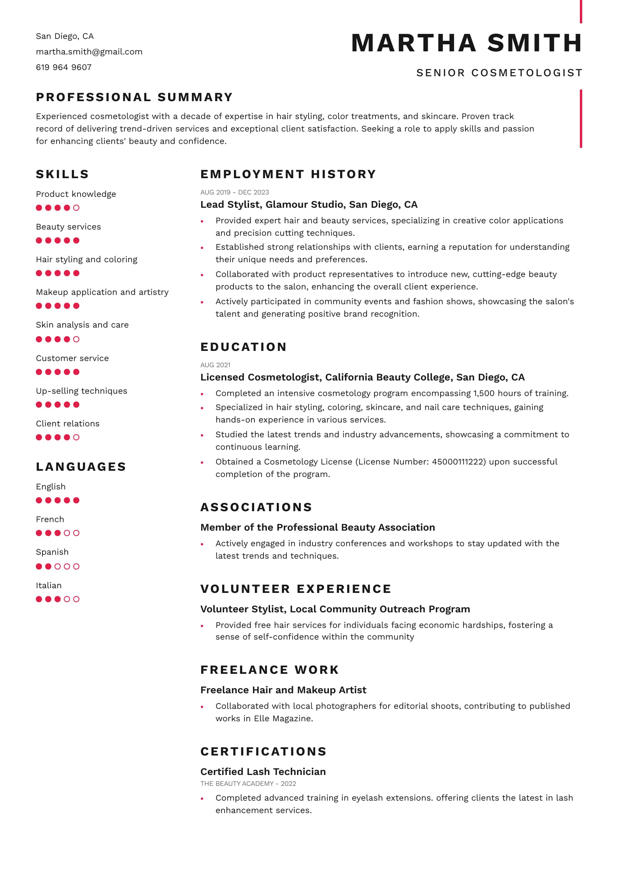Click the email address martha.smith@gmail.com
pyautogui.click(x=89, y=52)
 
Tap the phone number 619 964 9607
pyautogui.click(x=64, y=67)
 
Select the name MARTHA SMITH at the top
pyautogui.click(x=467, y=43)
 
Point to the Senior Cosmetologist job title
pyautogui.click(x=499, y=73)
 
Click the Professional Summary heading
pyautogui.click(x=134, y=97)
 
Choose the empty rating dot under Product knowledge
pyautogui.click(x=76, y=208)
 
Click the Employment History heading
pyautogui.click(x=288, y=174)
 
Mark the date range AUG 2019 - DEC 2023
pyautogui.click(x=235, y=192)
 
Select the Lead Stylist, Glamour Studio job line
pyautogui.click(x=309, y=205)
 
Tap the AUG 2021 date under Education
pyautogui.click(x=215, y=365)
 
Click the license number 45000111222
pyautogui.click(x=458, y=462)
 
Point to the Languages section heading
pyautogui.click(x=81, y=466)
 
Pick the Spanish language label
pyautogui.click(x=52, y=552)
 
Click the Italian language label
pyautogui.click(x=49, y=586)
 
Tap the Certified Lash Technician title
pyautogui.click(x=263, y=771)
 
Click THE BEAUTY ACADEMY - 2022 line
pyautogui.click(x=248, y=784)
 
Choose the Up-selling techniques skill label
pyautogui.click(x=81, y=391)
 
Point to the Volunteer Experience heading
pyautogui.click(x=296, y=589)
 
